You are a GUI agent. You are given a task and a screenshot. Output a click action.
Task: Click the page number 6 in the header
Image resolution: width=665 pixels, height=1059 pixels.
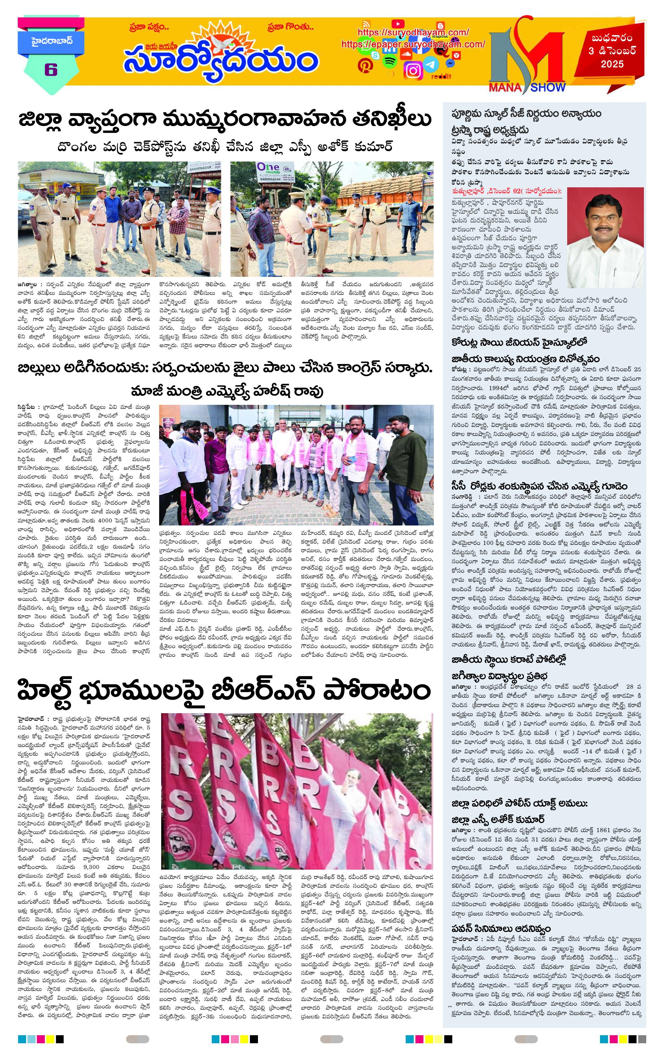click(x=51, y=69)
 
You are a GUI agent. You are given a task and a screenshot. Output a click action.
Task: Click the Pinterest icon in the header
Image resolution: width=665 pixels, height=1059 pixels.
click(x=365, y=65)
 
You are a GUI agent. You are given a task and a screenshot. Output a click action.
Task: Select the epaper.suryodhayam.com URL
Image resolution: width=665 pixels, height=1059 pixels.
click(x=413, y=44)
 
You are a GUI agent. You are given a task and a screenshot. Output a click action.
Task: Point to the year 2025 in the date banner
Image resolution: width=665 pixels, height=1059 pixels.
click(x=612, y=64)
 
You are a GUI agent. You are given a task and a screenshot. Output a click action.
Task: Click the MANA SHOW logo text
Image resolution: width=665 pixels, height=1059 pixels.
click(x=527, y=87)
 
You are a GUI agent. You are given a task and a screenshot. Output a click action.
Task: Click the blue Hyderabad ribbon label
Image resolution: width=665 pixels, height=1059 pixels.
click(x=46, y=42)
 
